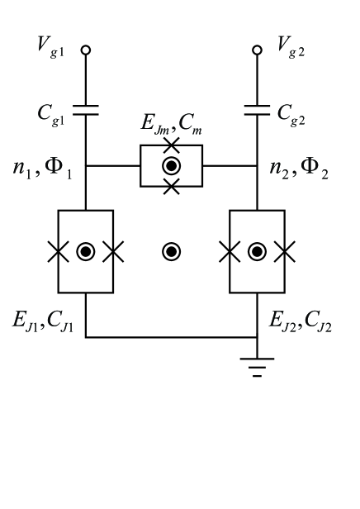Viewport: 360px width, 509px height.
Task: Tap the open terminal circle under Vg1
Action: [x=86, y=50]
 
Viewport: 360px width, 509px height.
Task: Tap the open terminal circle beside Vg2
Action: [x=257, y=50]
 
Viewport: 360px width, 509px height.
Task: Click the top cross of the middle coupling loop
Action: [x=171, y=145]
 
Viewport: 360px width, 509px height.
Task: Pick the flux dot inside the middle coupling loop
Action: [x=171, y=166]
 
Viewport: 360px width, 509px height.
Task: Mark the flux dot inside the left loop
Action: [x=86, y=251]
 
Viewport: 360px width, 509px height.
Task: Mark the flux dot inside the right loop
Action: [x=257, y=251]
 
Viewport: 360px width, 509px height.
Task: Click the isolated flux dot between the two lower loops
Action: [x=171, y=251]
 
